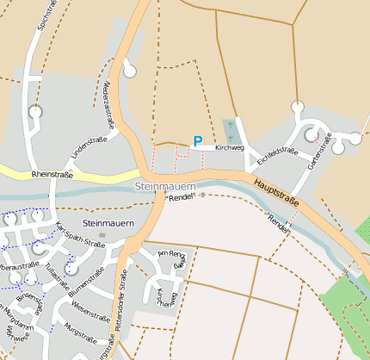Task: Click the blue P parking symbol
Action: (198, 141)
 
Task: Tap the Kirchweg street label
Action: (231, 148)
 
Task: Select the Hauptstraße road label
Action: (276, 191)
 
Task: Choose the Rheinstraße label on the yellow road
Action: (52, 175)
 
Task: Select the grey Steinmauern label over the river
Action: (166, 187)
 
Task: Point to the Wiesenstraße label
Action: (89, 308)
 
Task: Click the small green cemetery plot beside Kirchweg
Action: (230, 131)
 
